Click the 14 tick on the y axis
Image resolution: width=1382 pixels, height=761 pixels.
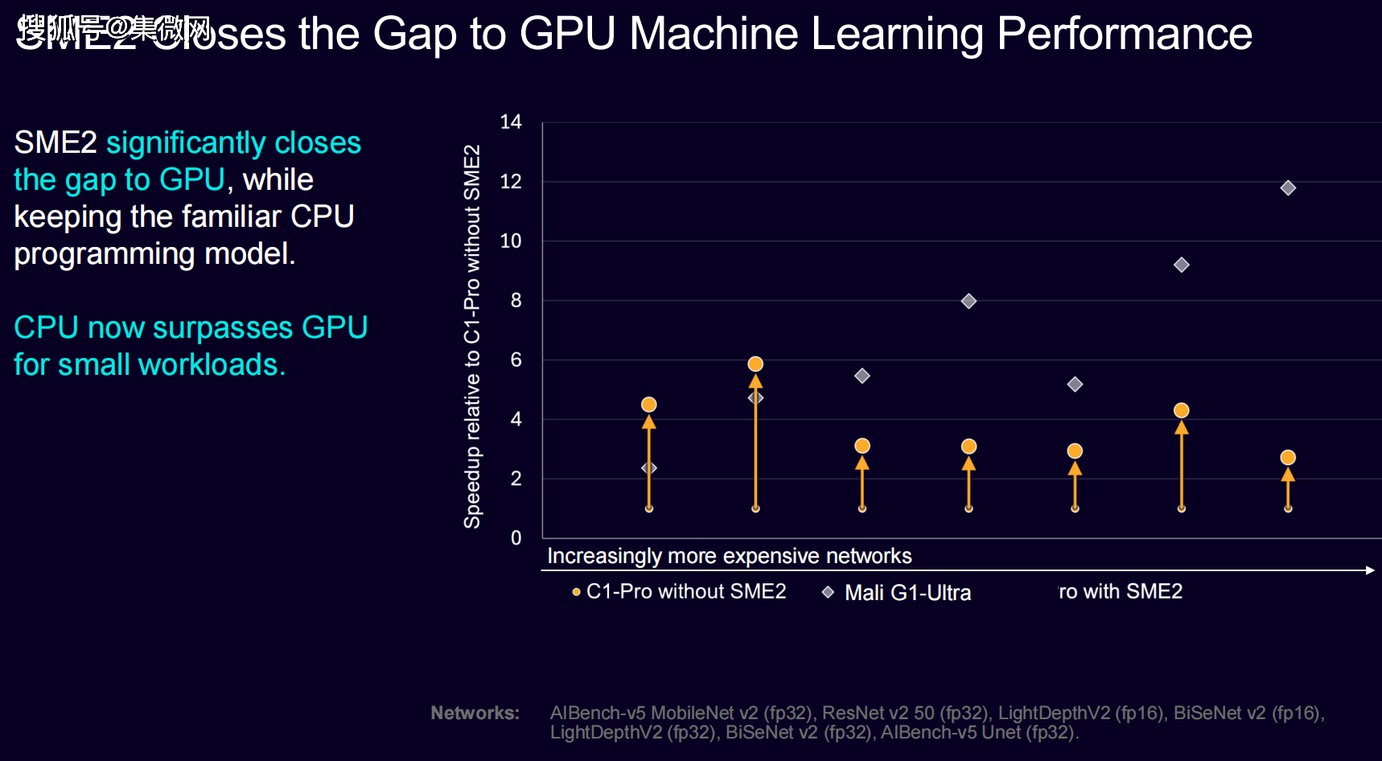[x=511, y=122]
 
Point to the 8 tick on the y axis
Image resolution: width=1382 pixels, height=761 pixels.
[x=516, y=301]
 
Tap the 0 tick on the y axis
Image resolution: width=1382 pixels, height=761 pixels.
[x=516, y=538]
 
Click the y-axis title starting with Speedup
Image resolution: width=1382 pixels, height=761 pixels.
[x=472, y=336]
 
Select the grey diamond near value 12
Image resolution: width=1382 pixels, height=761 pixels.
[x=1288, y=188]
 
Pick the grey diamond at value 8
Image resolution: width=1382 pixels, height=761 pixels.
[x=969, y=302]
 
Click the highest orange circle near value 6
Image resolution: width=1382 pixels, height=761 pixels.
[x=755, y=364]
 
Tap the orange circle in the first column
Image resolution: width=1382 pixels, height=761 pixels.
[x=649, y=405]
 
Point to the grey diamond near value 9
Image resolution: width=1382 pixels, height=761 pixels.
[x=1182, y=265]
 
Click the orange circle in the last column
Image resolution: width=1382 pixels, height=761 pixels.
[x=1288, y=458]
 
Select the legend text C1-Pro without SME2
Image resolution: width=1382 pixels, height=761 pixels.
[x=686, y=592]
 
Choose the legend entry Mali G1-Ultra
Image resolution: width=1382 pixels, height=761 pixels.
[x=907, y=593]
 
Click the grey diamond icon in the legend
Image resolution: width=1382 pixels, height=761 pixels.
[x=828, y=592]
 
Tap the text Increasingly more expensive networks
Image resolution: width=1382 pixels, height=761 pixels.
[x=730, y=556]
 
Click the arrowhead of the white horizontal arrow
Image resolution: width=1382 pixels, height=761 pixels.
[x=1370, y=570]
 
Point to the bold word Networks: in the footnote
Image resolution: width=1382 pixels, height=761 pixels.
[x=475, y=713]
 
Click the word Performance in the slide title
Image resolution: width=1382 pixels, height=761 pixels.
[x=1125, y=34]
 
